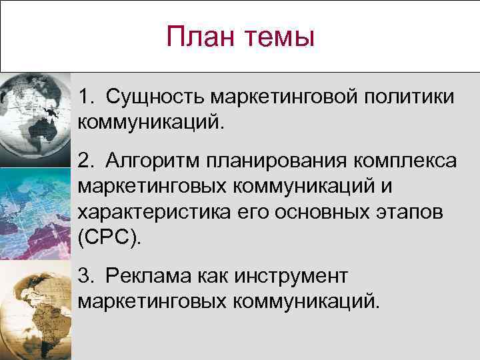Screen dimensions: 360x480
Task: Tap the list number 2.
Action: pos(84,161)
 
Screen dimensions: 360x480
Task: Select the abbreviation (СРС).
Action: pos(110,239)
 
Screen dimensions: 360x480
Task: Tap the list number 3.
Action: pos(84,276)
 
